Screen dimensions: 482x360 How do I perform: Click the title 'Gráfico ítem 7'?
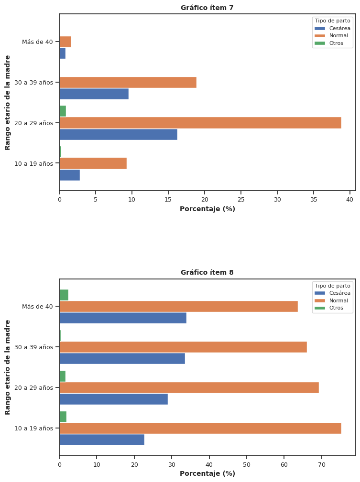207,8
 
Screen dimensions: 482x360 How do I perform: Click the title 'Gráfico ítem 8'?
207,272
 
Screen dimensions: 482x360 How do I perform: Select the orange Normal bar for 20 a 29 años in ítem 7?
200,123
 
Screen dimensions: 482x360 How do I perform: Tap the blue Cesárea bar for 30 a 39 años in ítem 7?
94,94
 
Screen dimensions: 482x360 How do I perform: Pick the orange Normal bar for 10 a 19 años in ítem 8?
200,428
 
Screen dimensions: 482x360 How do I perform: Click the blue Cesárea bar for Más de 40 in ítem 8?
122,318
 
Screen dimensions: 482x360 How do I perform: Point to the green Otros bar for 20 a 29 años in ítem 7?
63,111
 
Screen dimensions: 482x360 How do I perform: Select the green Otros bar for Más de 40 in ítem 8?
64,295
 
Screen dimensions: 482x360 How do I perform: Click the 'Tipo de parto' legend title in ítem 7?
332,21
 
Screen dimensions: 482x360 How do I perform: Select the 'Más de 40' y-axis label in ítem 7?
37,42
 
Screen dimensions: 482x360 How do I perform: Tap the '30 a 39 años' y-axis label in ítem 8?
33,347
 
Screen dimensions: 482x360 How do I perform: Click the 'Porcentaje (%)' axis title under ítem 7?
207,209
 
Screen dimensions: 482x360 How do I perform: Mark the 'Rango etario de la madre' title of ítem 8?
8,367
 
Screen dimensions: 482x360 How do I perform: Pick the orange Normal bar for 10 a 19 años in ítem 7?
93,163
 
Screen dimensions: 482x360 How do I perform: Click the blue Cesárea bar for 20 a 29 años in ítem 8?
113,399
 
